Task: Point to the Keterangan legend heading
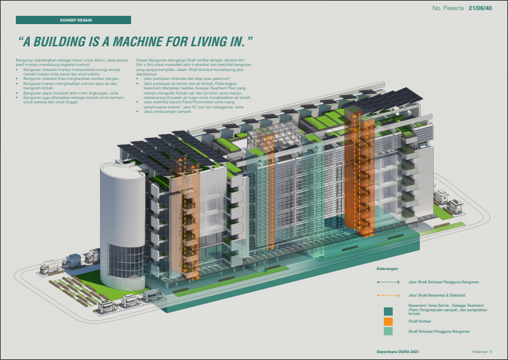(388, 269)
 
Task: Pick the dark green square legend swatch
(388, 311)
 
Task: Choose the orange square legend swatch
(388, 321)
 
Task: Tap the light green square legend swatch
(388, 331)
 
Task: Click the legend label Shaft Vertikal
(419, 321)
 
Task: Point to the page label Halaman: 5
(486, 351)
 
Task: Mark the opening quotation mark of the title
(20, 41)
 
